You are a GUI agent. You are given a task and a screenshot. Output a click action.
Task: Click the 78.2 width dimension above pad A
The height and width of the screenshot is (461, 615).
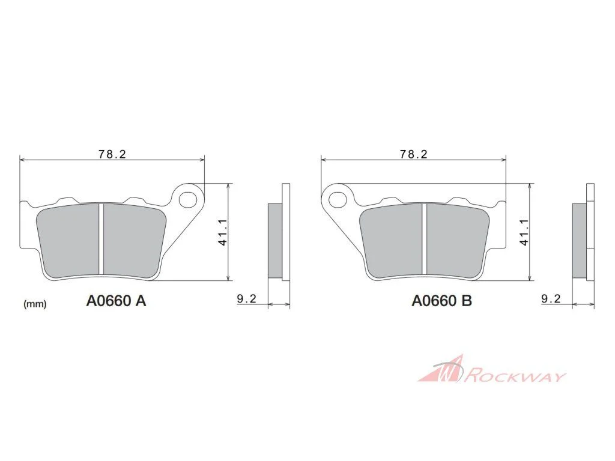(x=112, y=154)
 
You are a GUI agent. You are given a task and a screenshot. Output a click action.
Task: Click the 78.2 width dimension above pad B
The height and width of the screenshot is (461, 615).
(x=413, y=154)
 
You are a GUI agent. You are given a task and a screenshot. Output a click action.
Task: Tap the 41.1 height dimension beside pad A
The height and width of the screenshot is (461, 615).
(x=222, y=232)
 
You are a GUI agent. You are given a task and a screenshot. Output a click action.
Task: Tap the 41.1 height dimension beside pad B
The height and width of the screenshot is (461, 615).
(x=524, y=232)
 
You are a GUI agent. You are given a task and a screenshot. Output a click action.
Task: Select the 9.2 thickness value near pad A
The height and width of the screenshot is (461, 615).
(x=247, y=299)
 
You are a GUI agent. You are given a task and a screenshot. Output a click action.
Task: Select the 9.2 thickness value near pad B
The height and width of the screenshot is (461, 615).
(x=551, y=299)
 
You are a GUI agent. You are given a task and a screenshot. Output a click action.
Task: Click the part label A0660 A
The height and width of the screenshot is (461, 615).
(x=116, y=301)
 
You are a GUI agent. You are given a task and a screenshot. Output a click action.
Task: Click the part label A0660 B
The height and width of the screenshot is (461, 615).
(x=441, y=301)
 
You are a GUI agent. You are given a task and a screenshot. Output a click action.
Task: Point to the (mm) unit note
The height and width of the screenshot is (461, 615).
(x=35, y=304)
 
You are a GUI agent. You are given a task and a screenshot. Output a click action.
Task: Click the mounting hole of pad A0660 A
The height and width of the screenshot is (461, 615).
(x=188, y=199)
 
